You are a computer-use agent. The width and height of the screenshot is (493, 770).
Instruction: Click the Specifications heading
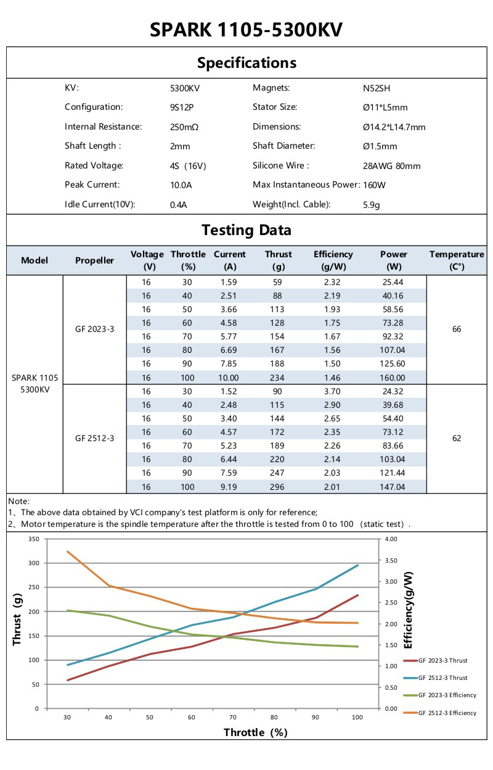click(x=246, y=63)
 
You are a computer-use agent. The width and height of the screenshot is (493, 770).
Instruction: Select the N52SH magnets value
click(x=377, y=88)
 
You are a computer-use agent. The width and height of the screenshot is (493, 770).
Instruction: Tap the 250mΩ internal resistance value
click(x=184, y=127)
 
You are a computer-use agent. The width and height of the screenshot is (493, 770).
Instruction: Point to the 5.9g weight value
click(x=372, y=205)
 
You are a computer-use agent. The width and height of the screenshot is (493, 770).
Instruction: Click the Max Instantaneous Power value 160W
click(x=375, y=185)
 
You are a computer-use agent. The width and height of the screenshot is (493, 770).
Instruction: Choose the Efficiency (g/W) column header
click(x=333, y=260)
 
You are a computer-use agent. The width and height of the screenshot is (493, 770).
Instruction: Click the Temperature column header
click(x=457, y=260)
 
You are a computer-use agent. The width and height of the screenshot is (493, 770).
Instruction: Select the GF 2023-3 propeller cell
click(x=94, y=329)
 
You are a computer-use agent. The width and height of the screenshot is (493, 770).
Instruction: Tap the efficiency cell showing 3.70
click(x=333, y=391)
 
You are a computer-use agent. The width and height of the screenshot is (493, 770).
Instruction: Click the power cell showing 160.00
click(x=393, y=378)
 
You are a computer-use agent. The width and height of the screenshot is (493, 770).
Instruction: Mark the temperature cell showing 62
click(x=457, y=439)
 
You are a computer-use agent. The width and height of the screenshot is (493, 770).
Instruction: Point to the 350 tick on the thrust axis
click(x=34, y=539)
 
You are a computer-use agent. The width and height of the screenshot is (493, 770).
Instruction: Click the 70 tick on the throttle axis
click(x=233, y=718)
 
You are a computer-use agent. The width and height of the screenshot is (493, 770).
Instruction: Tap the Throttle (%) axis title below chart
click(x=255, y=732)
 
